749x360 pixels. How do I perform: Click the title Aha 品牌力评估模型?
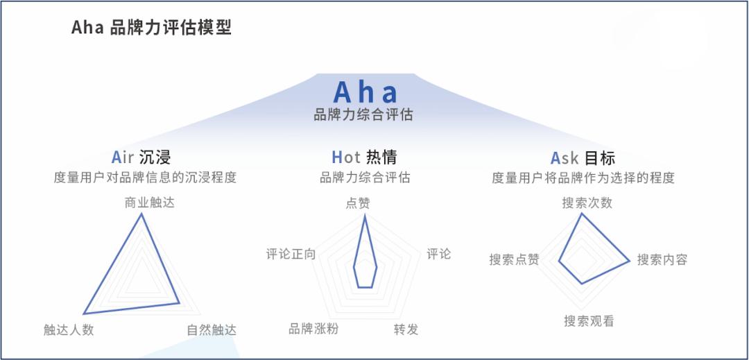coord(151,28)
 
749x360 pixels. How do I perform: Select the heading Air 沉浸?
coord(141,157)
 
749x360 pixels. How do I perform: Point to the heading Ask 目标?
coord(583,157)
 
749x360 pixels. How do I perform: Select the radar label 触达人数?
coord(69,329)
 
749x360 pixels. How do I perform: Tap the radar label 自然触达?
coord(212,329)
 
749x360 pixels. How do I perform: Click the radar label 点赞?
coord(358,203)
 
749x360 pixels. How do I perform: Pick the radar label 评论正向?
coord(291,254)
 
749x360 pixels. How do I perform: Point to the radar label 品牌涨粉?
coord(313,328)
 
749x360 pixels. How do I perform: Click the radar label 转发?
coord(406,329)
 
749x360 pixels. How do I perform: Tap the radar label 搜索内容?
coord(662,260)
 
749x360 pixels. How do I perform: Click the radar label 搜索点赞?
coord(514,260)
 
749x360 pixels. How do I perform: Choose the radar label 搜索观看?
coord(588,321)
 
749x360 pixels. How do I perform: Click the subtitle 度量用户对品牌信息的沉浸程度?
coord(145,178)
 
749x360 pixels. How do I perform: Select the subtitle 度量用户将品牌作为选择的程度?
coord(583,178)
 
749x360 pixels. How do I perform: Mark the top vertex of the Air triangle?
coord(141,214)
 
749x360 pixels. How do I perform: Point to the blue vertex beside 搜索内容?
coord(630,261)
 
